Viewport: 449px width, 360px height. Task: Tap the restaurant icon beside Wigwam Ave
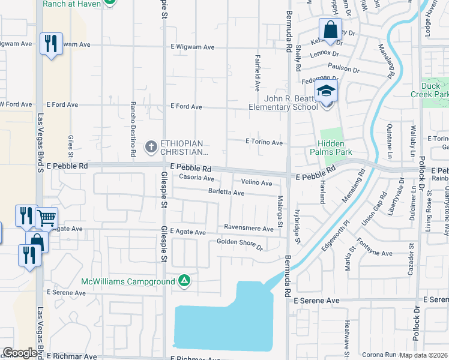coord(50,43)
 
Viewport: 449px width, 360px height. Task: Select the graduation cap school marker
coord(327,91)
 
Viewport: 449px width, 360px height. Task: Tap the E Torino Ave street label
coord(264,142)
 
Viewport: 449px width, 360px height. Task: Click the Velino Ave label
coord(256,182)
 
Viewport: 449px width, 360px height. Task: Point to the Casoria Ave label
coord(196,178)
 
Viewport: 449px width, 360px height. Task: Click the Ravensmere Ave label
coord(249,227)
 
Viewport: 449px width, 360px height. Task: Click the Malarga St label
coord(280,212)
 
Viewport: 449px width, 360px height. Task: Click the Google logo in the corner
coord(20,353)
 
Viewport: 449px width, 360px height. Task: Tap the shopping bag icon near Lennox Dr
coord(330,29)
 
